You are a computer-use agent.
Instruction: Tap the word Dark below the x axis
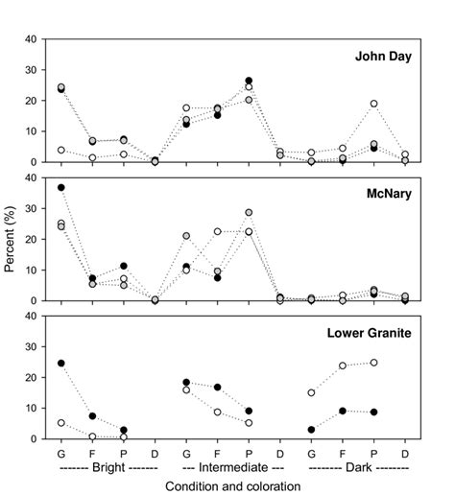(x=352, y=467)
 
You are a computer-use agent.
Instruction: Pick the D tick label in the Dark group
(x=405, y=451)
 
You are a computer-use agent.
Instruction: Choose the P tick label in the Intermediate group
(x=249, y=451)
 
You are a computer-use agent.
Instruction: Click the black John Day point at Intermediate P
(x=249, y=81)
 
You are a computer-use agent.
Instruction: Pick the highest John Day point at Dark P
(x=373, y=104)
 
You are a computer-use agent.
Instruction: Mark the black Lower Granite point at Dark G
(x=311, y=430)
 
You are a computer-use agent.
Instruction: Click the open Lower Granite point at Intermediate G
(x=186, y=389)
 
